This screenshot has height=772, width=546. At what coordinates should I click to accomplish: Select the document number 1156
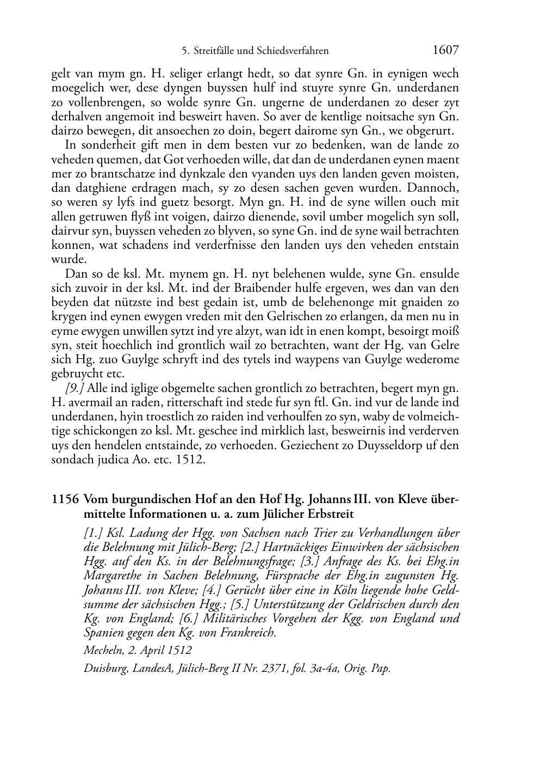tap(65, 499)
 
